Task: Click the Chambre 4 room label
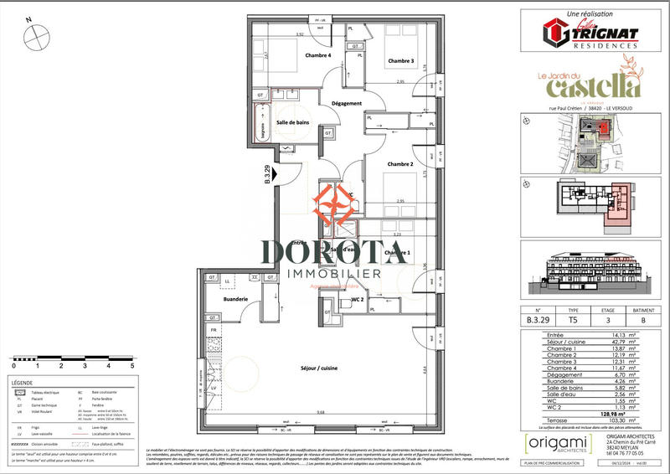click(319, 56)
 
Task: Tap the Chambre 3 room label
click(400, 61)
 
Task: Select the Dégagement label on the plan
click(346, 103)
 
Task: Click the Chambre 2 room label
click(400, 164)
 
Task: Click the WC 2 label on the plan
click(355, 299)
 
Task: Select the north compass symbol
click(38, 37)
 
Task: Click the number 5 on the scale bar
click(132, 366)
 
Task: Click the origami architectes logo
click(552, 446)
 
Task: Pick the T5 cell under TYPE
click(573, 318)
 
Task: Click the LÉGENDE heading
click(23, 383)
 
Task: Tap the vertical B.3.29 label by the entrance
click(267, 173)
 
